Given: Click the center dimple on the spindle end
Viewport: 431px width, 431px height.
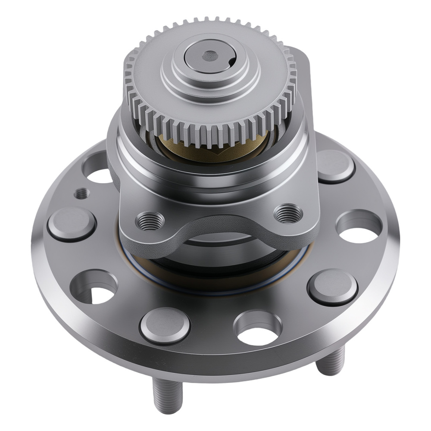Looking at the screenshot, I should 210,56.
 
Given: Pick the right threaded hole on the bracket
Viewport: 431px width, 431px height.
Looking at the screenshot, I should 288,212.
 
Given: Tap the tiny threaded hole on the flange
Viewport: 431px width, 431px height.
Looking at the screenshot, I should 81,194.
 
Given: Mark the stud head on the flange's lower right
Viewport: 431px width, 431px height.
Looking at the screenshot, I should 332,286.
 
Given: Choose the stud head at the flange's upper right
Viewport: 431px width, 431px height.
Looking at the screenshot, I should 335,166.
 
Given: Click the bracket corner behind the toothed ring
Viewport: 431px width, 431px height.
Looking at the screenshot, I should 304,65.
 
